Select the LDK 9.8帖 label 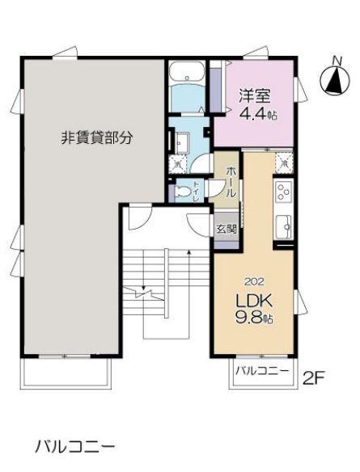(253, 308)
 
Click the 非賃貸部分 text (96, 137)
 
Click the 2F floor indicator (316, 377)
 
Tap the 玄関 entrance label (227, 229)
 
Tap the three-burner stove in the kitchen (284, 192)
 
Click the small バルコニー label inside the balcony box (261, 373)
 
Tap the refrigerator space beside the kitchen (284, 162)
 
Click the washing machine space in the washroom (179, 164)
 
